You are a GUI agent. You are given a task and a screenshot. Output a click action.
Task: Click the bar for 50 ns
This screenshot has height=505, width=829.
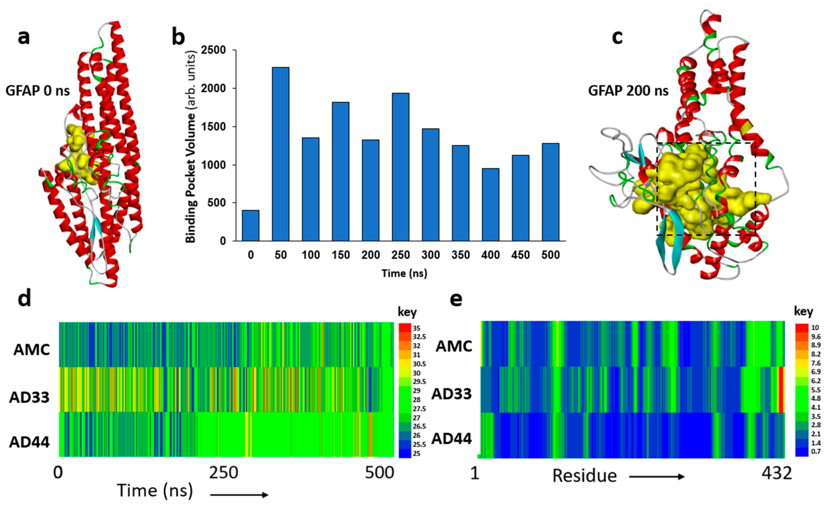tap(281, 154)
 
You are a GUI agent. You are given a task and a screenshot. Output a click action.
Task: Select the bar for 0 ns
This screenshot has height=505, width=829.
tap(251, 225)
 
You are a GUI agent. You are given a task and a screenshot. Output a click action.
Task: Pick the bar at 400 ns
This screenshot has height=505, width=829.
tap(491, 205)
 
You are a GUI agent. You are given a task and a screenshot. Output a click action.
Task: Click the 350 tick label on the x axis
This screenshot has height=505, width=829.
tap(461, 255)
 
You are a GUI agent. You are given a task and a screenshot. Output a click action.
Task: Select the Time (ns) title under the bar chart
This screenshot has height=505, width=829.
tap(404, 273)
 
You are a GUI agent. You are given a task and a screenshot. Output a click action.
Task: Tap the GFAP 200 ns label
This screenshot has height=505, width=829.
tap(628, 91)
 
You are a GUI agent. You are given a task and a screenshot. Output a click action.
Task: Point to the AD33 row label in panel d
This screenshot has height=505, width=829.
tap(29, 398)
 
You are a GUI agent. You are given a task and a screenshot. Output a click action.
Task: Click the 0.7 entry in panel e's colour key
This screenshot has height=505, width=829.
tap(816, 451)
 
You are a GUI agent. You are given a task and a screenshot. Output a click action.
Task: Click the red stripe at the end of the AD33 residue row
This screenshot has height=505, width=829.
tap(781, 389)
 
